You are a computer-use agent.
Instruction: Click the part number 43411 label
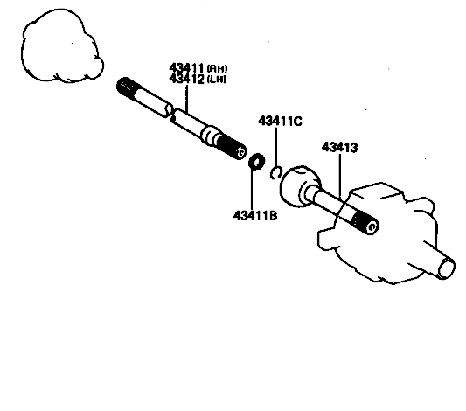point(186,68)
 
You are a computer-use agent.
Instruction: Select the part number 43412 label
point(186,79)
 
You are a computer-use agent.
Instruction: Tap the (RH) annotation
point(217,69)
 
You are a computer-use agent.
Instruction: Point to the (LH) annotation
point(217,80)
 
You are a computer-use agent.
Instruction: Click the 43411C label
point(280,122)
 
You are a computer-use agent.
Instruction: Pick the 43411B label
point(255,215)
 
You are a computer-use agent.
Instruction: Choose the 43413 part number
point(340,148)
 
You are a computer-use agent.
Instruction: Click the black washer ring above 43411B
point(257,161)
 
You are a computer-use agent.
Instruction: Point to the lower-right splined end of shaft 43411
point(232,147)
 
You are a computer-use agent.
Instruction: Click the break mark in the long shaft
point(171,113)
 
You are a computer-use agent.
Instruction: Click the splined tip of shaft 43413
point(365,224)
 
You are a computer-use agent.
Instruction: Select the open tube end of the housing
point(447,268)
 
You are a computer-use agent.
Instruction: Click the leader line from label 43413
point(340,177)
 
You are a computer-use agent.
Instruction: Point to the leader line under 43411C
point(276,148)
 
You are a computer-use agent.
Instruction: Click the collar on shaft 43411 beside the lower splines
point(210,135)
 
